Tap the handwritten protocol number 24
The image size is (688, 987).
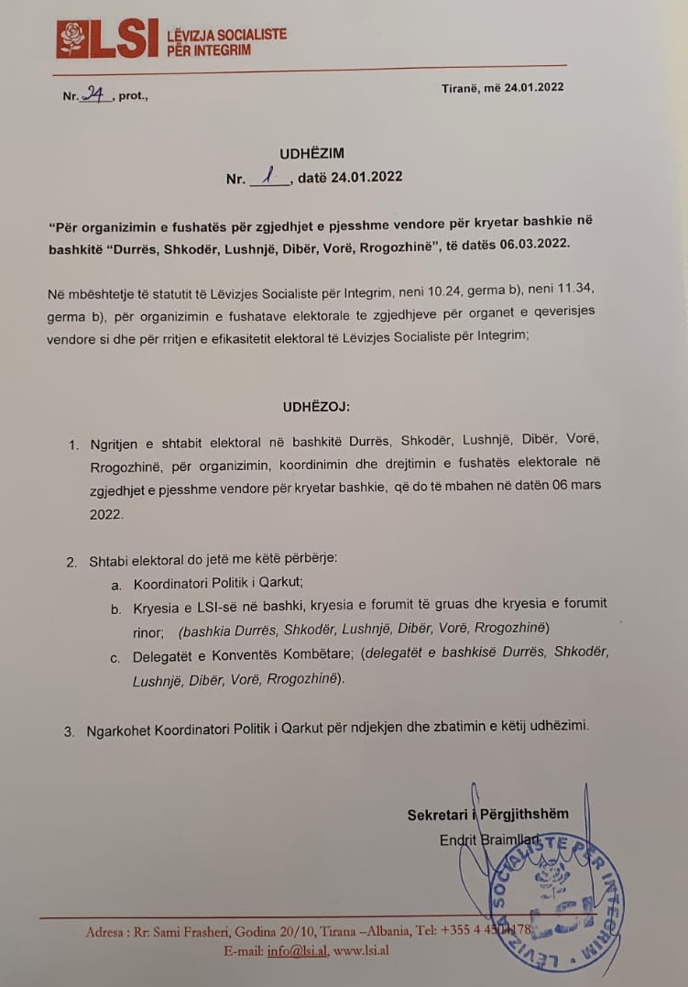[x=94, y=93]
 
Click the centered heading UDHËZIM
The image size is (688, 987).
[x=312, y=154]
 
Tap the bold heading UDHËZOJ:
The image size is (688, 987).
[x=316, y=405]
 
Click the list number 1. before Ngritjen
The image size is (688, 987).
[x=73, y=444]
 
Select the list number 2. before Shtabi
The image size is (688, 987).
[x=71, y=562]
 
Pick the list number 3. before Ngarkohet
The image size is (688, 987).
[x=70, y=731]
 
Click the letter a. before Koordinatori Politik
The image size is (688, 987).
[x=116, y=583]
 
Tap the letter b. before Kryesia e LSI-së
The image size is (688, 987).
[x=116, y=608]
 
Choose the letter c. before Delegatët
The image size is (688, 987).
[x=115, y=656]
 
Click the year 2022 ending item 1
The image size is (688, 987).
[x=105, y=515]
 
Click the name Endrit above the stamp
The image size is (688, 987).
[x=458, y=839]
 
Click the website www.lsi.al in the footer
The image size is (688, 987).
[x=361, y=950]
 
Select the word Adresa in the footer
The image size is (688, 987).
[x=106, y=932]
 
